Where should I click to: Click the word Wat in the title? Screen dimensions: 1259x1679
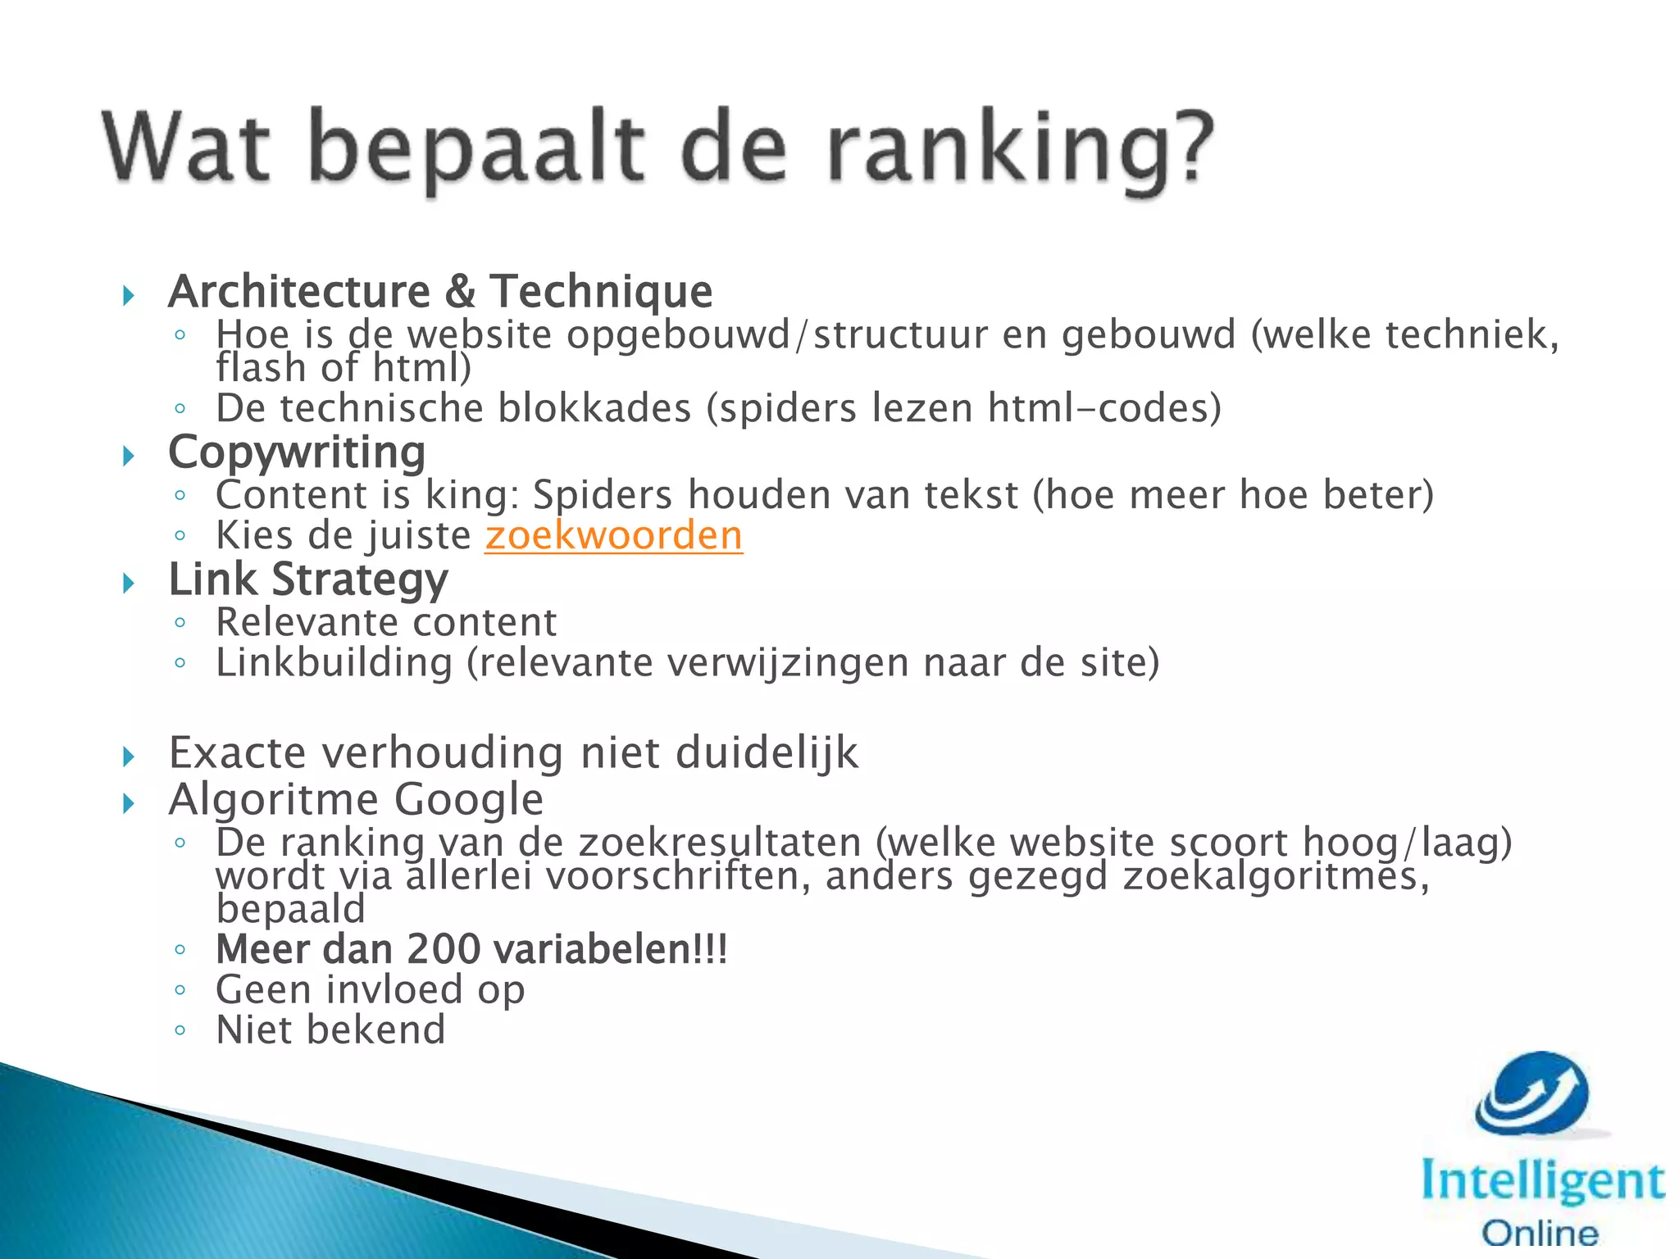click(186, 148)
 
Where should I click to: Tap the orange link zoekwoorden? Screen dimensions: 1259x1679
click(613, 536)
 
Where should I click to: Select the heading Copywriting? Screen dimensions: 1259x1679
click(297, 452)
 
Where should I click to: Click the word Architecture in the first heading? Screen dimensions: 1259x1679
click(299, 292)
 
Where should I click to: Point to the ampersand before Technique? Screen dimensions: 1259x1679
click(461, 292)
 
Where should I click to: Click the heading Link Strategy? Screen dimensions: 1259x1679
click(308, 580)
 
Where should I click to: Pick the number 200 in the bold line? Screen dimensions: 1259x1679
click(444, 949)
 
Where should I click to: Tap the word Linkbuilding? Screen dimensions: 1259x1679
click(334, 663)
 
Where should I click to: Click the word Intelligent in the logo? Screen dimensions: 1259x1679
click(1542, 1182)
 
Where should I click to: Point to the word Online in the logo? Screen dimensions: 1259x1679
click(1540, 1233)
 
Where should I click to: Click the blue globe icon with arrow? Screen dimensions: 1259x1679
click(1532, 1095)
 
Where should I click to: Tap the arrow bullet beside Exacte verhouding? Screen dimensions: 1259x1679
click(128, 756)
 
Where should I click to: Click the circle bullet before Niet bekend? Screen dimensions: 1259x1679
click(180, 1030)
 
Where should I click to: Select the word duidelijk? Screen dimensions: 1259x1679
click(767, 753)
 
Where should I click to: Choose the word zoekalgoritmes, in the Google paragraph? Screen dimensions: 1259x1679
click(1276, 876)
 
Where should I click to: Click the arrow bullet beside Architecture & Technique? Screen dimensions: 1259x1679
click(128, 295)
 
